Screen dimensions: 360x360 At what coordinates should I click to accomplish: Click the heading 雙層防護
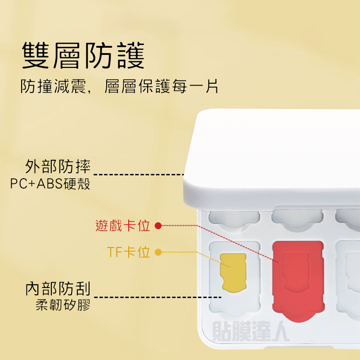tap(83, 55)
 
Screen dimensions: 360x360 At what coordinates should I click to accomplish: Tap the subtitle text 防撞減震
tap(53, 86)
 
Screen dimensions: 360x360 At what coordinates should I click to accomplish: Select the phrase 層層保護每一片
tap(162, 86)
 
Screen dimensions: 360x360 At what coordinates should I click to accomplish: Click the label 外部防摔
tap(58, 166)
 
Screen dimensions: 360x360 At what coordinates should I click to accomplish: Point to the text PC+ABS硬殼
tap(50, 184)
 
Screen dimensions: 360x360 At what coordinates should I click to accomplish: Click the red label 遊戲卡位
tap(123, 225)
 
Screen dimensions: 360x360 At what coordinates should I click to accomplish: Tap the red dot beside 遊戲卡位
tap(158, 226)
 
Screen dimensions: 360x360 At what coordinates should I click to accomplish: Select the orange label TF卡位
tap(129, 252)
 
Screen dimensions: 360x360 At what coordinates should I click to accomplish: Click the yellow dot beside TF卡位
tap(158, 252)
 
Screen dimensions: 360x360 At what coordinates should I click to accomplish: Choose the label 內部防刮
tap(58, 288)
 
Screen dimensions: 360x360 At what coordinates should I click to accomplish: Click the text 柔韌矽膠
tap(63, 305)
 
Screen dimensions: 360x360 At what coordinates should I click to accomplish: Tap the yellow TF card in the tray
tap(233, 273)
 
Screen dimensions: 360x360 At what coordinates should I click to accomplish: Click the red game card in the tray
tap(298, 280)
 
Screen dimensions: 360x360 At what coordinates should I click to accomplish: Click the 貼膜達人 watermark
tap(251, 331)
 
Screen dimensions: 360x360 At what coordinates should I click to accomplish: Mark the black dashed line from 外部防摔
tap(139, 175)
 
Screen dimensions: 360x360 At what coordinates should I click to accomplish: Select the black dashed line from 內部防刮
tap(158, 297)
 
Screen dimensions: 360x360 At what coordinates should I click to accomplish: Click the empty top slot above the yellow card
tap(234, 219)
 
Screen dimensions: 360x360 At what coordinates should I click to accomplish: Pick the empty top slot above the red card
tap(297, 219)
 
